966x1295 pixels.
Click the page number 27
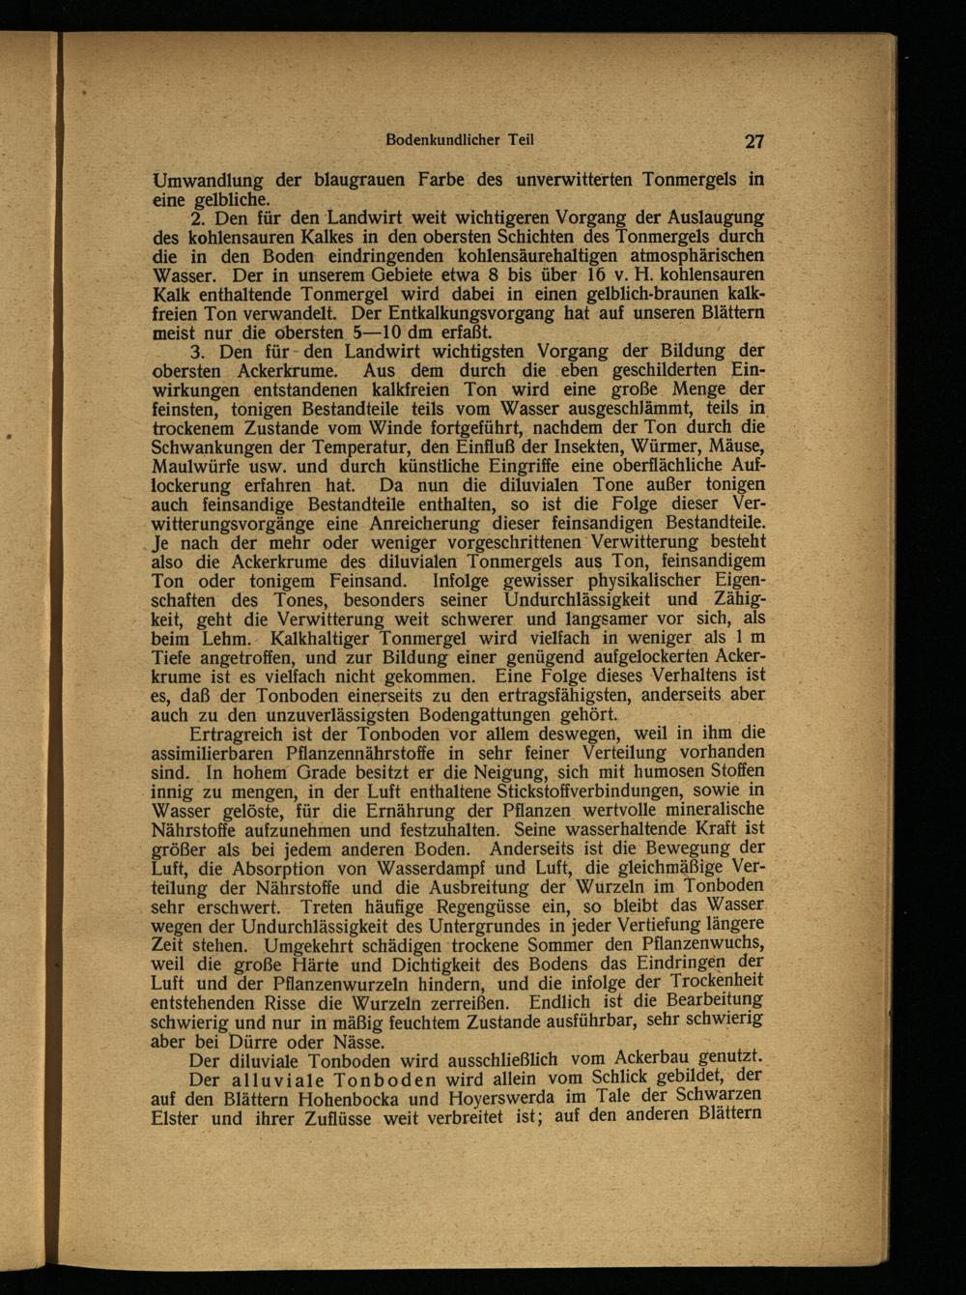coord(754,141)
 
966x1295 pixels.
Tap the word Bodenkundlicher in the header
coord(431,139)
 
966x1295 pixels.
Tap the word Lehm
coord(225,639)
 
